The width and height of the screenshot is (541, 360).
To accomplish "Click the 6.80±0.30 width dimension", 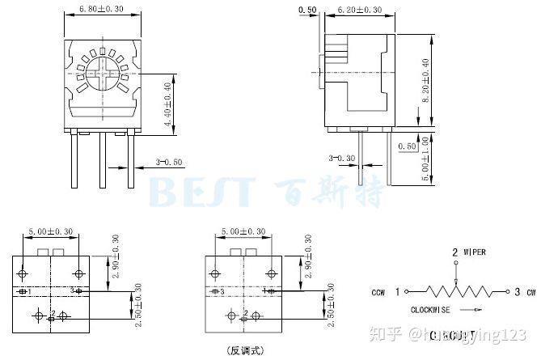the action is [101, 10].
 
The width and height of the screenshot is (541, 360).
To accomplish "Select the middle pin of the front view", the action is [102, 159].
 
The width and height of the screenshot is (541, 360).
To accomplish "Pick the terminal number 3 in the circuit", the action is [517, 290].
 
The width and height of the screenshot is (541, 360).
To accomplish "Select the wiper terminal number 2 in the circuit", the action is [454, 252].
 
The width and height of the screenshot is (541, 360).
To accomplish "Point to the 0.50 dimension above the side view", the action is [307, 10].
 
